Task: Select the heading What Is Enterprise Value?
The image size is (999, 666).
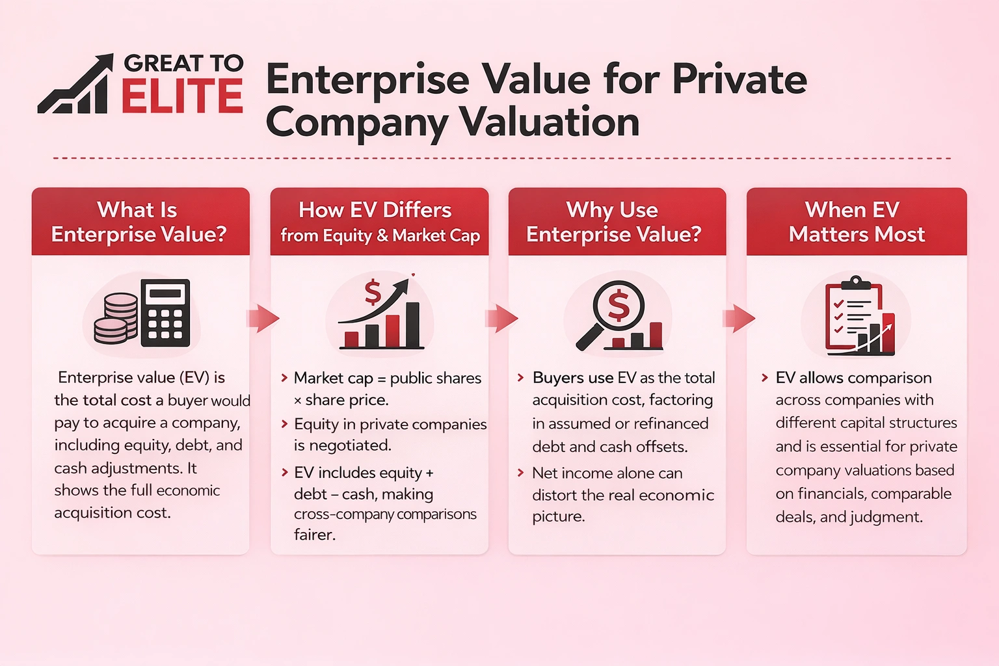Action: click(139, 222)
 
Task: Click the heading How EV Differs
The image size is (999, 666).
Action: click(375, 210)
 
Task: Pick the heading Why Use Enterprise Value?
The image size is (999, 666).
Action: click(614, 222)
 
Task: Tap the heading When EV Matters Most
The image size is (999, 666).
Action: click(856, 222)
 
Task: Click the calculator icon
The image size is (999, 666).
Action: click(165, 313)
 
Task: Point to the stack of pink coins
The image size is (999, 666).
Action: click(116, 318)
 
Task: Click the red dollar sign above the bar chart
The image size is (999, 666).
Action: click(373, 292)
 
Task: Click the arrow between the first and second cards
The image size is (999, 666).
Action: click(263, 318)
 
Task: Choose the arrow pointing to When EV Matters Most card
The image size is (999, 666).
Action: click(739, 318)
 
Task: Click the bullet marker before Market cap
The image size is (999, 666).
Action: click(284, 378)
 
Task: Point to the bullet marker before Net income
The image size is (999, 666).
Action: click(520, 473)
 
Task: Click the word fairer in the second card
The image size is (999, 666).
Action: click(314, 535)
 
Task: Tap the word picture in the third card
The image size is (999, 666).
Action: click(558, 516)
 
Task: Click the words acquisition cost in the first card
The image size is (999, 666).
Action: click(112, 513)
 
